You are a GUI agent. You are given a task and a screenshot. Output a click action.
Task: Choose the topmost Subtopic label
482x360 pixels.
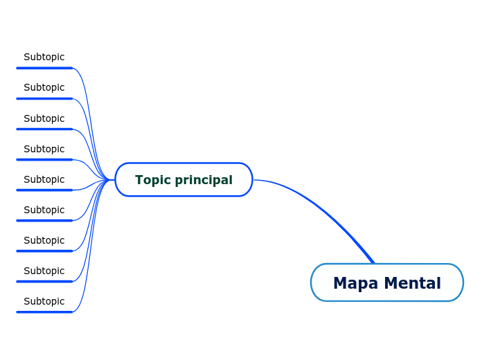(x=44, y=57)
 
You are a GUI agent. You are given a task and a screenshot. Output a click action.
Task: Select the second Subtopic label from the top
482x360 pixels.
(x=44, y=87)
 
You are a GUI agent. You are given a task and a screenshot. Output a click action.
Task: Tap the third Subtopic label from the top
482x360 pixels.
(x=44, y=118)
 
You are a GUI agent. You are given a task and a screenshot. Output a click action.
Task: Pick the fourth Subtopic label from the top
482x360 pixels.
(x=44, y=149)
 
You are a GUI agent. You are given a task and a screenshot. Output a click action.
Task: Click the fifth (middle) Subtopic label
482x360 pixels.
(x=44, y=179)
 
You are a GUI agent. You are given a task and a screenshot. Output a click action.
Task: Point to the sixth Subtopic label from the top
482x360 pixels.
(x=44, y=210)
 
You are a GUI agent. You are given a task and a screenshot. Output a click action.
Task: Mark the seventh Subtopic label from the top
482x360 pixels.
(x=44, y=240)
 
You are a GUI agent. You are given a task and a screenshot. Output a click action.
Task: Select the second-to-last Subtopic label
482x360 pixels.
(x=44, y=271)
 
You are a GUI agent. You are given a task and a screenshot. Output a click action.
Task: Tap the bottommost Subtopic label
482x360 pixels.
(x=44, y=301)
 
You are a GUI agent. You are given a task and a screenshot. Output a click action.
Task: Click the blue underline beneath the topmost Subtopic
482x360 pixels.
(x=44, y=68)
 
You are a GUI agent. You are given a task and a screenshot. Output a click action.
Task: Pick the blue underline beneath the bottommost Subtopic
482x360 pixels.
(x=44, y=312)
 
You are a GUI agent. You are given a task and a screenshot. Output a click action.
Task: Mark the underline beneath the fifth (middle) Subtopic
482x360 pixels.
(x=44, y=190)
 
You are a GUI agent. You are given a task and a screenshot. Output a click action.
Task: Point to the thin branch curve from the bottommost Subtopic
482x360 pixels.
(x=87, y=277)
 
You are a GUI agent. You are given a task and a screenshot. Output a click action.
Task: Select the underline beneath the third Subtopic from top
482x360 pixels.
(x=44, y=129)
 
